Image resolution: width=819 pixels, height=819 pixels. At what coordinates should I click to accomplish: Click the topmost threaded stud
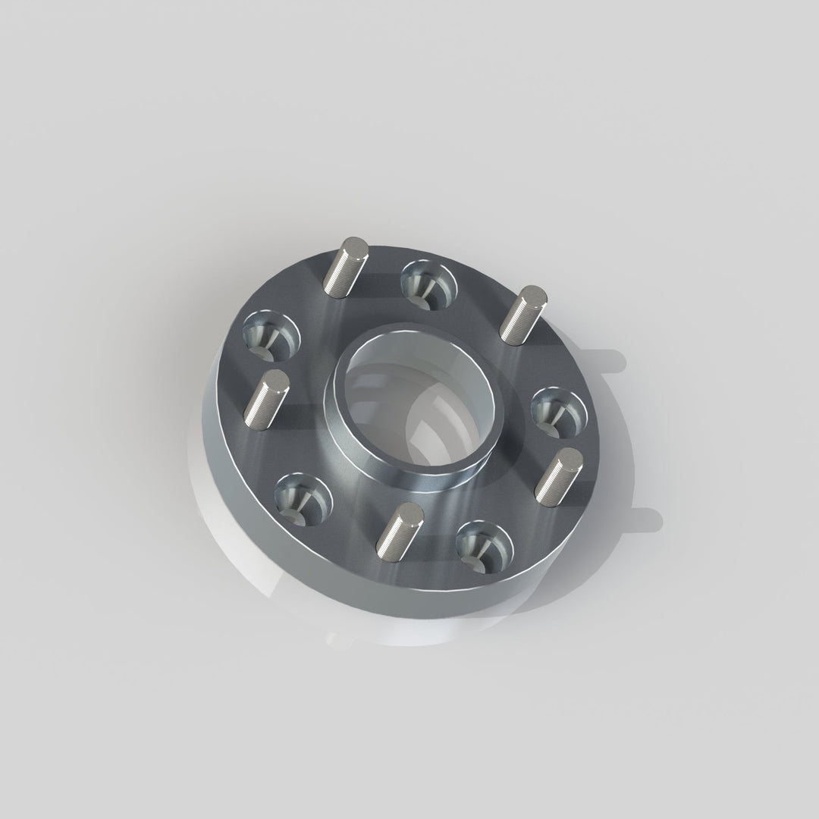tap(346, 267)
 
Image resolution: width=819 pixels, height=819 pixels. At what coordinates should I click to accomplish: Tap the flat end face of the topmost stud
tap(355, 246)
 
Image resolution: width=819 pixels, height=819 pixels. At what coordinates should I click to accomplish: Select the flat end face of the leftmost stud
tap(271, 380)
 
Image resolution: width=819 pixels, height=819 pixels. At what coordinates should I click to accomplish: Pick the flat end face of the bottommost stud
tap(409, 512)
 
